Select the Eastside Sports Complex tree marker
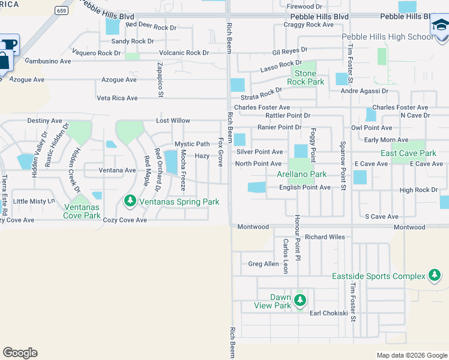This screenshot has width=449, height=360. coord(435,275)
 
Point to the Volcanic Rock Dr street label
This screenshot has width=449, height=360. coord(180,53)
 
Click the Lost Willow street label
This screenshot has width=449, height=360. coord(173,121)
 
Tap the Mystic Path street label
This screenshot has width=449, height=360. coord(192,144)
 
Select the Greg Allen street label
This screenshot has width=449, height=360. coord(264,263)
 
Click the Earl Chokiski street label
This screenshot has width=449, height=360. coord(328,313)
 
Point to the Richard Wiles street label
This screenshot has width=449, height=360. coord(325,237)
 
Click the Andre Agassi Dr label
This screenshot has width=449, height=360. coord(362,91)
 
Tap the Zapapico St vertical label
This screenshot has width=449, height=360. coord(160,79)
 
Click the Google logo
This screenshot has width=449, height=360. coord(20,353)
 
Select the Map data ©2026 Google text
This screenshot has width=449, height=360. coord(411,355)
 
